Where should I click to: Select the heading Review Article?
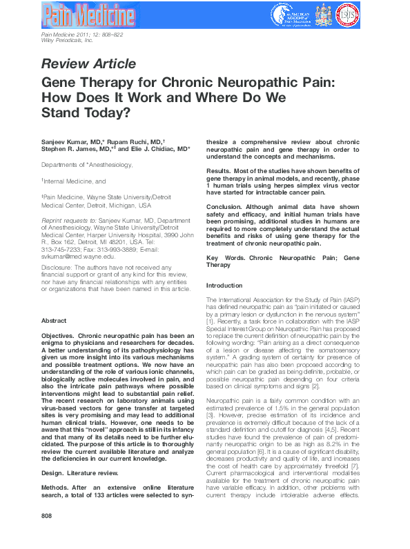89,64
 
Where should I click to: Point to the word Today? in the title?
111,111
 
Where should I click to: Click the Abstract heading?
54,321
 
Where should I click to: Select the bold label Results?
219,170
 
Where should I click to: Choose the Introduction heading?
224,286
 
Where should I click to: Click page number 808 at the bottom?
47,535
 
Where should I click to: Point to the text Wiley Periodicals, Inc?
66,41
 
